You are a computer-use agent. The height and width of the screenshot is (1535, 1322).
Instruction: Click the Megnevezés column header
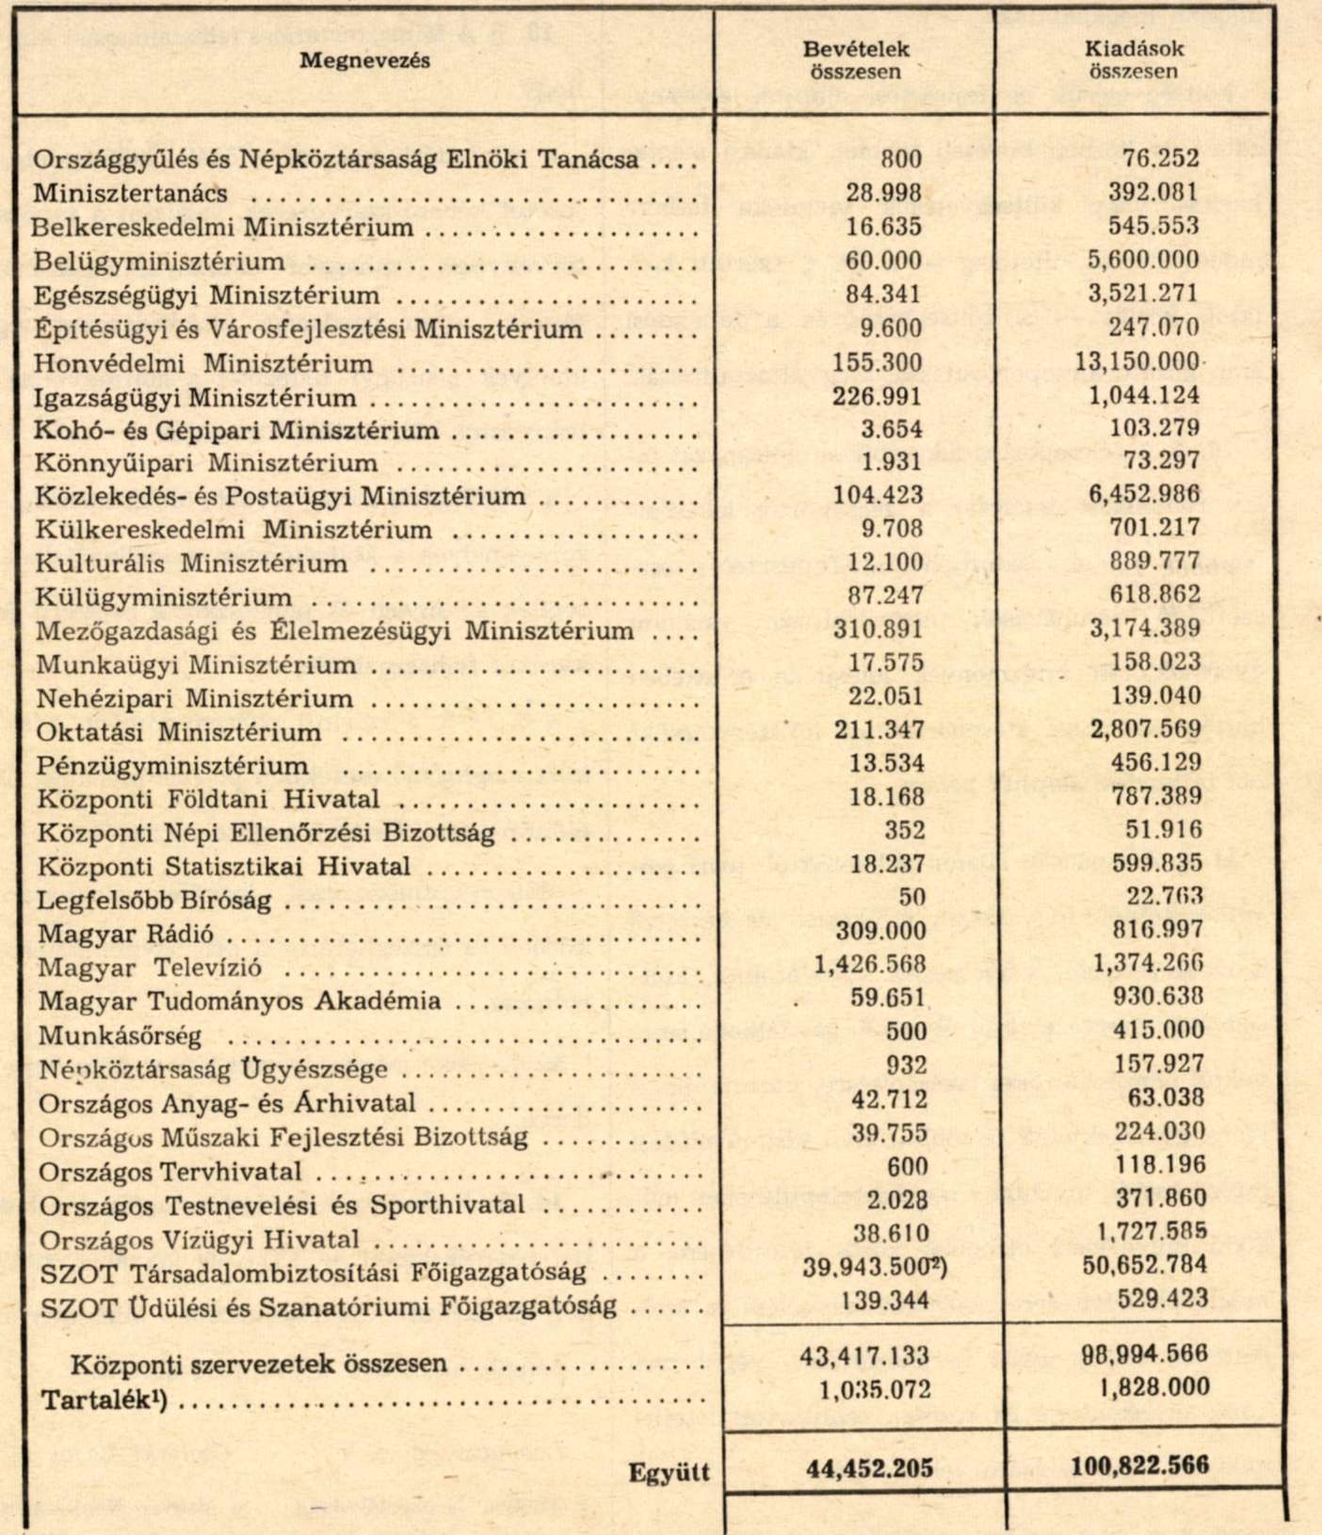point(364,60)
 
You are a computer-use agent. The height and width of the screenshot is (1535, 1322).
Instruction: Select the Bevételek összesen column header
point(855,60)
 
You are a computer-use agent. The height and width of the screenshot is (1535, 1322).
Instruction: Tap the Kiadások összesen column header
point(1133,59)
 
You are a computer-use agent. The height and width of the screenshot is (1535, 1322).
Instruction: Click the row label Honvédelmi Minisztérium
point(203,363)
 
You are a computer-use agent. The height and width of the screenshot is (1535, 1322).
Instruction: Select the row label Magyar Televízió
point(150,968)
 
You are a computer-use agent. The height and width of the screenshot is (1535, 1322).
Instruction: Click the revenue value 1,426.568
point(870,965)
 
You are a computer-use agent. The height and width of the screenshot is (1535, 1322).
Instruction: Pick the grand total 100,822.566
point(1139,1466)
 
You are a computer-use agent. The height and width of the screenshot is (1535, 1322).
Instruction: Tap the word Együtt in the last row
point(669,1473)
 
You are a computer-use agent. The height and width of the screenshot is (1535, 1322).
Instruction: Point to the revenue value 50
point(911,897)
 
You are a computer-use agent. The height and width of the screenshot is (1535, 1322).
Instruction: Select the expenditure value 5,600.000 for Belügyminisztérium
point(1143,261)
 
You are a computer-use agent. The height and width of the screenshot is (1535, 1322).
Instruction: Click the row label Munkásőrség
point(120,1036)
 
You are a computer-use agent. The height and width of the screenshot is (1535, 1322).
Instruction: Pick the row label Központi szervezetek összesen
point(258,1364)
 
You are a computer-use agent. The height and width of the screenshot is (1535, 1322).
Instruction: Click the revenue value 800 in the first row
point(901,159)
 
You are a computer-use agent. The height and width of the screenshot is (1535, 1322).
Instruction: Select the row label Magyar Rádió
point(125,935)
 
